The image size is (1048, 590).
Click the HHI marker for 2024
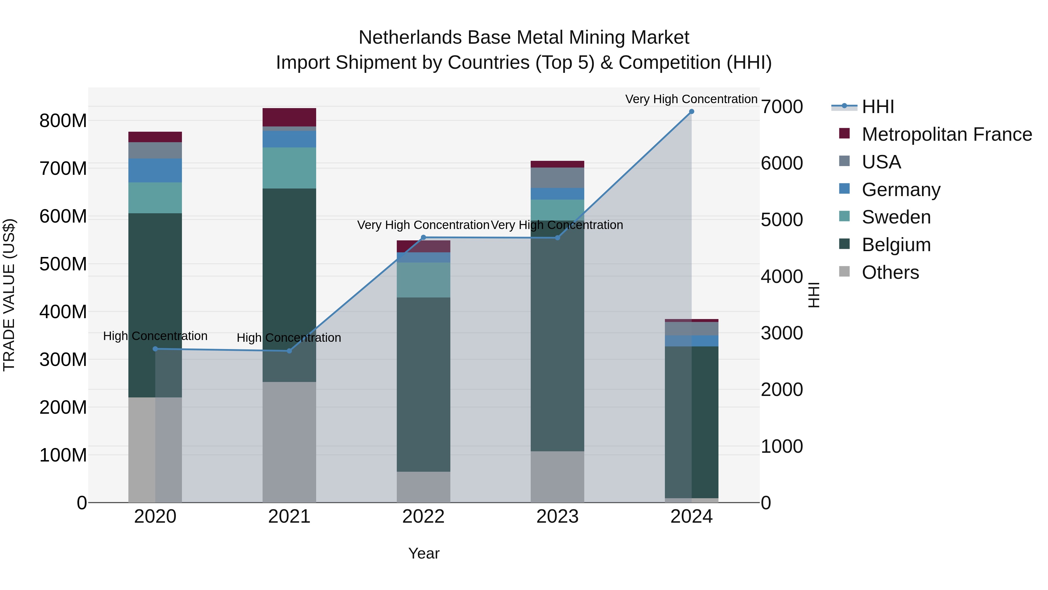[x=691, y=112]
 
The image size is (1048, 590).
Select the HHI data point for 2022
[x=423, y=237]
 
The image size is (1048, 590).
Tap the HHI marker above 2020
[x=155, y=349]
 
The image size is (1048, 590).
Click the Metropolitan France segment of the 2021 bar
[x=289, y=117]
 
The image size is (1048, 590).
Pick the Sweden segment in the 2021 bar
[x=289, y=168]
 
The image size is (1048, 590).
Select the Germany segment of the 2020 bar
[x=155, y=171]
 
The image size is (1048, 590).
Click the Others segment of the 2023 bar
[x=557, y=476]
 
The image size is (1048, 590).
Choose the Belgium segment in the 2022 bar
[x=423, y=384]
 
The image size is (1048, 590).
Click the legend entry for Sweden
[x=896, y=217]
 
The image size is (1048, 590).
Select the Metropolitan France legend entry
[x=946, y=134]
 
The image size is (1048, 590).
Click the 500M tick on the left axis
[x=63, y=264]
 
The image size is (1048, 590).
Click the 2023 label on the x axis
[x=557, y=517]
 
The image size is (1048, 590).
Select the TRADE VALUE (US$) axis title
[x=9, y=295]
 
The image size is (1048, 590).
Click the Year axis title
[x=424, y=553]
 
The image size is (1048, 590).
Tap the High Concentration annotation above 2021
[x=289, y=338]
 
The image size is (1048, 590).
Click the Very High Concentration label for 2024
[x=691, y=99]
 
